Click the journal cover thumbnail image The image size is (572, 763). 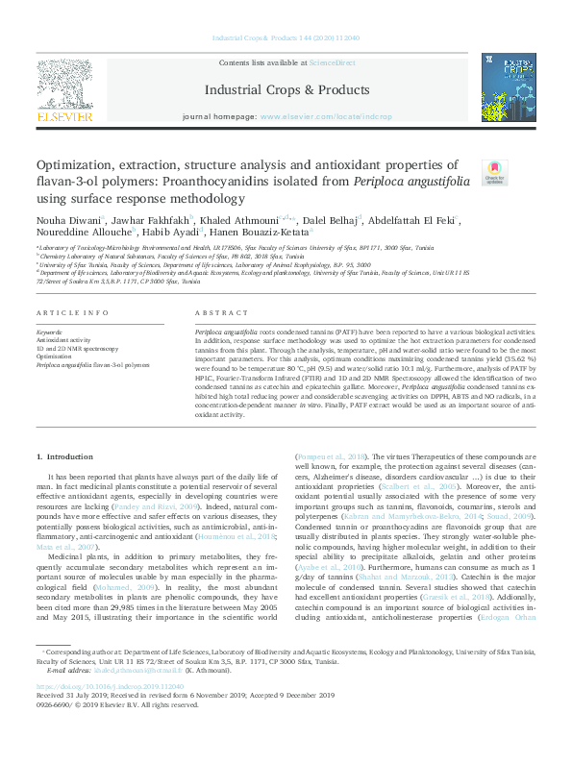508,86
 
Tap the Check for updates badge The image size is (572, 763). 494,173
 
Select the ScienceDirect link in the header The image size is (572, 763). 332,62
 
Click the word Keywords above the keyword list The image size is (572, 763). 50,332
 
